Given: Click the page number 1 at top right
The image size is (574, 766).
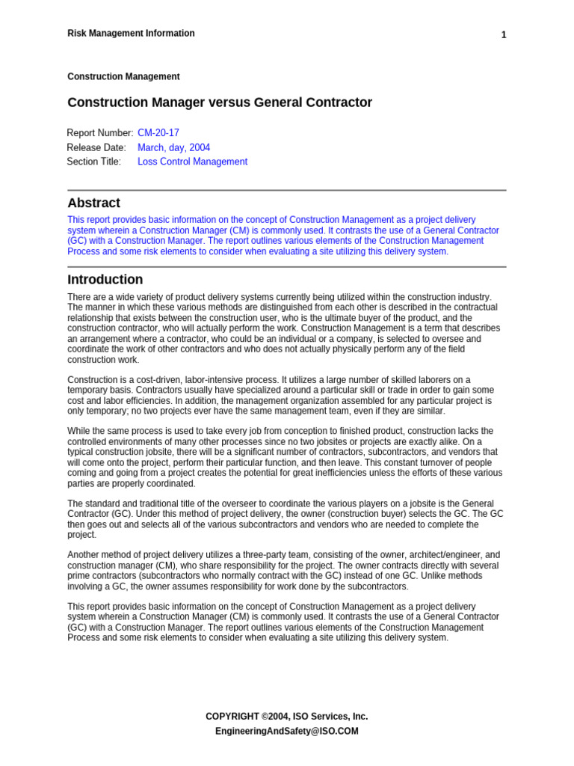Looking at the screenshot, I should coord(504,35).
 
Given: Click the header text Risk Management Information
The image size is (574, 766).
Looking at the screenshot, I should coord(131,34).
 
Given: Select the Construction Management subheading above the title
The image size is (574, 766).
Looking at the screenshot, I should coord(123,76).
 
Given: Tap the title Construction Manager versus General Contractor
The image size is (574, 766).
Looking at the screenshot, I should coord(220,102).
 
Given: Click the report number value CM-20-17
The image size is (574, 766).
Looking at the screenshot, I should coord(158,133).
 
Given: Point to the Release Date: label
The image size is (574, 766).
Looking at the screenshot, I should coord(96,147).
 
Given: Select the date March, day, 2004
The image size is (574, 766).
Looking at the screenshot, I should coord(174,147).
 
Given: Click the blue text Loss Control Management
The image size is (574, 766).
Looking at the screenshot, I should coord(192,162).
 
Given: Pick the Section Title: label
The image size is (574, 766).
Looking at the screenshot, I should coord(93,162).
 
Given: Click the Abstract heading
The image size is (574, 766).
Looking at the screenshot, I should coord(93,203).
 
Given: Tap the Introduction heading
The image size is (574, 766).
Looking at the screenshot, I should coord(105,280).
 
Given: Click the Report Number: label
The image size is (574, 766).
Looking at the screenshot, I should coord(100,133).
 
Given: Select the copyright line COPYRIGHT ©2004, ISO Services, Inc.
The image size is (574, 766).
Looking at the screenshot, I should coord(286,716).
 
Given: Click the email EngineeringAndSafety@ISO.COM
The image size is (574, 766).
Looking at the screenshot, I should coord(286,731).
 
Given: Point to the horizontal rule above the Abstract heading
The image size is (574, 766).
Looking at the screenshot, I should coord(286,190).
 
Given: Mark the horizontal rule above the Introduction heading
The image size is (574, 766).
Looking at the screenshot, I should coord(286,266).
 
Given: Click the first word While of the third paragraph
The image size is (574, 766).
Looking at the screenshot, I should coord(78,431).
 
